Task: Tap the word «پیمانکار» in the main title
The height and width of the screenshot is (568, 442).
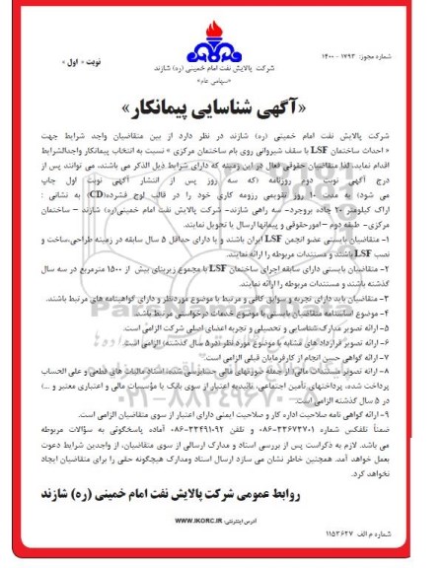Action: [x=148, y=104]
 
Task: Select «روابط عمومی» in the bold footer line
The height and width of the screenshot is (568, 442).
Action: [x=365, y=486]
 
